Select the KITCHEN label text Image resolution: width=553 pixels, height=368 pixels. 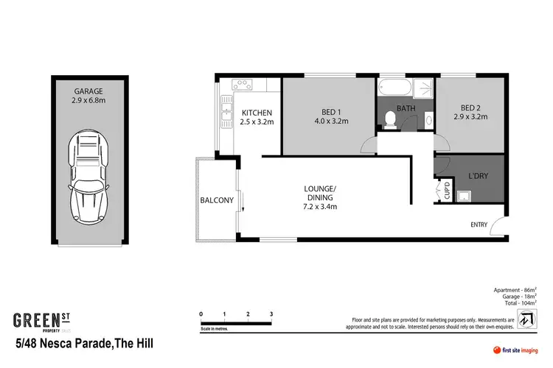[x=257, y=112]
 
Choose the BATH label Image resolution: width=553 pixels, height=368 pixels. [x=407, y=108]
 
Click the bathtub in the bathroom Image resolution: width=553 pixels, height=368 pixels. [x=395, y=90]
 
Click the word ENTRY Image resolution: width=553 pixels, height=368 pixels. [x=479, y=224]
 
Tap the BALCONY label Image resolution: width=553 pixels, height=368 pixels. [x=217, y=200]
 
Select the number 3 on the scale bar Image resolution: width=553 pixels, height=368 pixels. [x=272, y=314]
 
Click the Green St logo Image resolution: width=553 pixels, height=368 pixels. [x=44, y=321]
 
